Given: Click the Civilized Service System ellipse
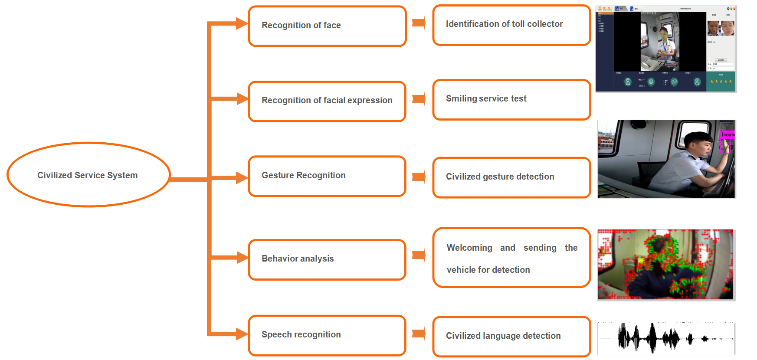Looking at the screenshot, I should point(88,175).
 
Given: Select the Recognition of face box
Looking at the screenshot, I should point(327,26).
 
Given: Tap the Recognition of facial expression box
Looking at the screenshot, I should point(327,101).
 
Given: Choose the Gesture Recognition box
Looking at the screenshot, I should point(327,176).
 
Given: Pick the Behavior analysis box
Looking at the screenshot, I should point(327,259).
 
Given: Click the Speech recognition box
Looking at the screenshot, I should point(327,335).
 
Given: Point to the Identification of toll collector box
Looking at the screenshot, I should point(511,25).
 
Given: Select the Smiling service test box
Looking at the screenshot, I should point(511,99).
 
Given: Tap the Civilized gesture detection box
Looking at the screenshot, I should point(511,177).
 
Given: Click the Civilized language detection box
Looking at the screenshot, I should point(511,336).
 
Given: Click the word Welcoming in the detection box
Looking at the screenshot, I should point(469,248).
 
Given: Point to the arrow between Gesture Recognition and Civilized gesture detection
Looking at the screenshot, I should point(419,177).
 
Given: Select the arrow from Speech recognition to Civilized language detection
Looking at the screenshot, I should point(419,334).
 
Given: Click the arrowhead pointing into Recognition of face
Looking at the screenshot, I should point(241,23).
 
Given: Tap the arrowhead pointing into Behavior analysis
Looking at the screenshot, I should point(241,258).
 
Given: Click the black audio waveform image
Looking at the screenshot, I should point(666,338).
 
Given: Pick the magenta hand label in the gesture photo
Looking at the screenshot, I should point(728,135).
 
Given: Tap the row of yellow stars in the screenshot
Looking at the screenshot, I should point(721,82).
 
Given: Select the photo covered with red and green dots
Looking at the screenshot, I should point(666,265).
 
